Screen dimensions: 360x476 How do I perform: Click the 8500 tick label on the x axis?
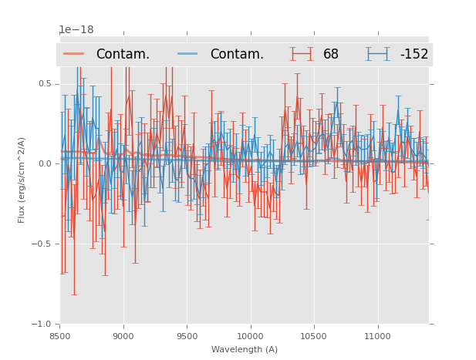point(60,336)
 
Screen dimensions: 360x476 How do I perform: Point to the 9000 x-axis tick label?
point(123,336)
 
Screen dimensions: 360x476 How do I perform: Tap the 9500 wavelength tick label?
point(187,336)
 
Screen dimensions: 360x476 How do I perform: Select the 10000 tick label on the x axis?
point(250,336)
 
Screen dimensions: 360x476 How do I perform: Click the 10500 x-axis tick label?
point(314,336)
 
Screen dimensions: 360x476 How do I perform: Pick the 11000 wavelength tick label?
point(377,336)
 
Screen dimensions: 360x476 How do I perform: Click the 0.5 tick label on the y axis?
point(45,84)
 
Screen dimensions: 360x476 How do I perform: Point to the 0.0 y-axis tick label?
point(45,164)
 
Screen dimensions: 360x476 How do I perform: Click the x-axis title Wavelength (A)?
point(245,349)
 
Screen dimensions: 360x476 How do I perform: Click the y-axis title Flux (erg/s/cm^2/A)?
point(22,180)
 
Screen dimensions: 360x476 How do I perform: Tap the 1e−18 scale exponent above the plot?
point(76,30)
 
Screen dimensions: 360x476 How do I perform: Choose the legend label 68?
point(331,55)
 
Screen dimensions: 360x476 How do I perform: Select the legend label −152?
point(414,55)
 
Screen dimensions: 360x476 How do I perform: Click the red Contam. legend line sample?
point(74,54)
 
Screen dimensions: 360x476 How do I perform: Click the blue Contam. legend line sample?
point(188,54)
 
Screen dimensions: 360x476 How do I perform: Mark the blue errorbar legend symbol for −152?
point(378,54)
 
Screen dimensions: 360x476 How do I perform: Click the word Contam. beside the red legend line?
point(123,55)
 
